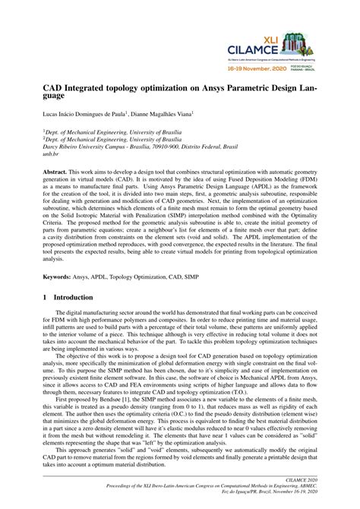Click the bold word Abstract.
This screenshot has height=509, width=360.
tap(58, 174)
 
